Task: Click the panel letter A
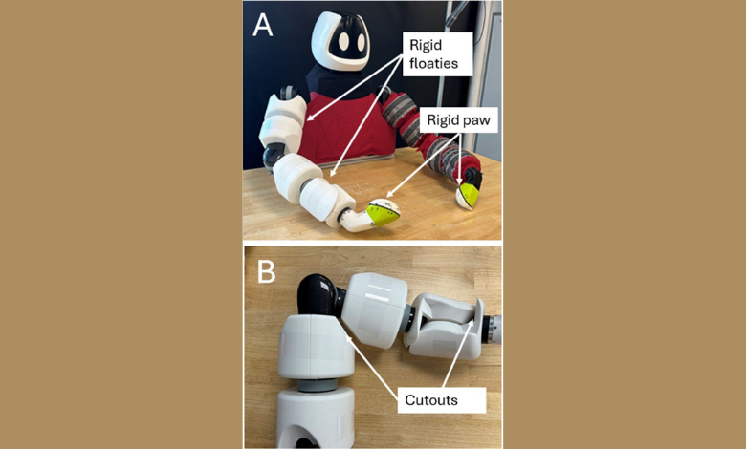(x=263, y=25)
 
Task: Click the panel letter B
(x=266, y=272)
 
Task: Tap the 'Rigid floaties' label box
(x=438, y=54)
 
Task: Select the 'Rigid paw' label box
(x=458, y=120)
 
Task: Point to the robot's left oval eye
(x=343, y=43)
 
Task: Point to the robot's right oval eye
(x=361, y=42)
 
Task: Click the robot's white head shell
(x=339, y=41)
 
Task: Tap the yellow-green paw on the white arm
(x=382, y=215)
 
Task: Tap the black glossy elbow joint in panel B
(x=318, y=294)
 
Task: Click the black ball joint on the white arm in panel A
(x=273, y=157)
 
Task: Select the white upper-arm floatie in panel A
(x=282, y=121)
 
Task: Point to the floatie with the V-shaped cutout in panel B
(x=444, y=326)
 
